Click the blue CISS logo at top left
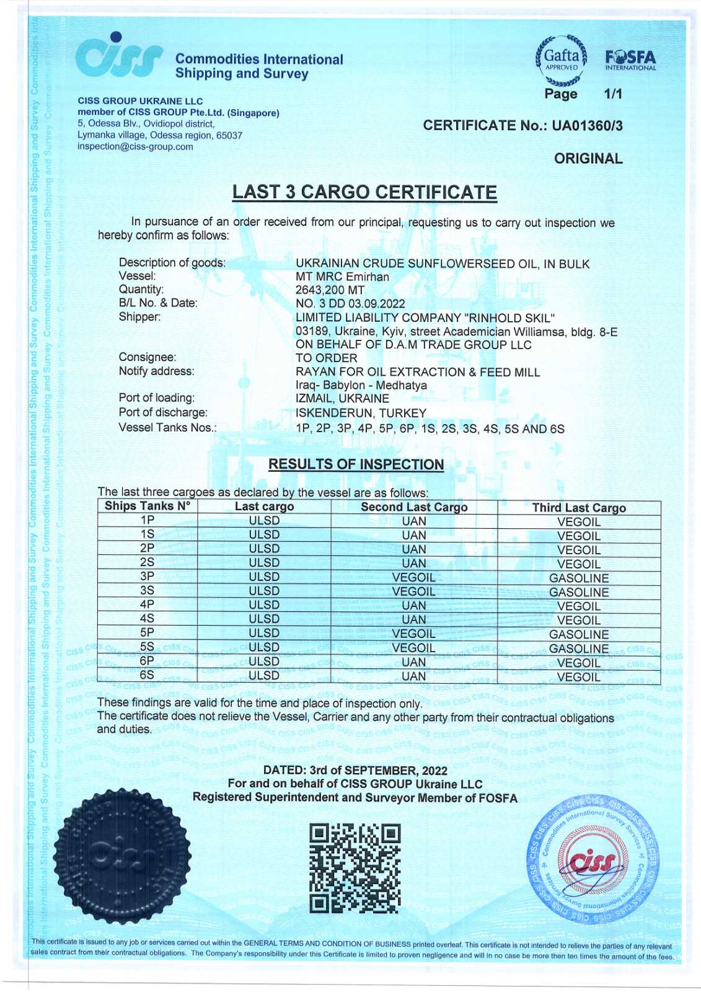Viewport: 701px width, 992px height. point(119,56)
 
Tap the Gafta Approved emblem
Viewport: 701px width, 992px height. point(561,60)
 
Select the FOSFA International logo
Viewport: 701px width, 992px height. point(630,61)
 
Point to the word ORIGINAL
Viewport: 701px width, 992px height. point(588,159)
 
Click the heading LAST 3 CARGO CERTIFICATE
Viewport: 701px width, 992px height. point(364,193)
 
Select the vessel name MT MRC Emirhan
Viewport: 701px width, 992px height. point(342,277)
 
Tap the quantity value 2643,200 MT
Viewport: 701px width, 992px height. point(330,290)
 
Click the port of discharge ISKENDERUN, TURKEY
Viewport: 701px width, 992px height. point(361,413)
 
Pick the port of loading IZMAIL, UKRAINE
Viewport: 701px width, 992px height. point(342,399)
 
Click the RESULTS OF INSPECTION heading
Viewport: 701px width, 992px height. point(356,464)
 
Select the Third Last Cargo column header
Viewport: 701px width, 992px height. point(579,508)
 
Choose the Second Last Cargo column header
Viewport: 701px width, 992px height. point(414,507)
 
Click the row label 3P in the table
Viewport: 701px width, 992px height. point(147,577)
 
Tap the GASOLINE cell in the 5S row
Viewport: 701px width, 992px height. point(579,649)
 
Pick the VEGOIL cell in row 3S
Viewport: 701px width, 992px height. point(413,591)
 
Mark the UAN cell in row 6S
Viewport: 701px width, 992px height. point(413,676)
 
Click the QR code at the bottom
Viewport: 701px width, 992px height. point(355,868)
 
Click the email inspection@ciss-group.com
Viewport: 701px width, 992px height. point(135,147)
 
